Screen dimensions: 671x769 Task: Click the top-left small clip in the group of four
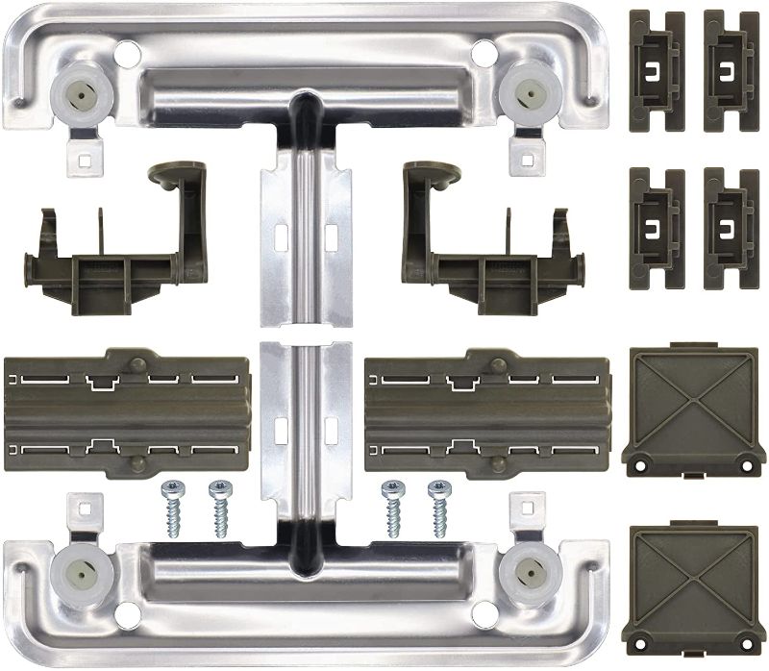pyautogui.click(x=656, y=71)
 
